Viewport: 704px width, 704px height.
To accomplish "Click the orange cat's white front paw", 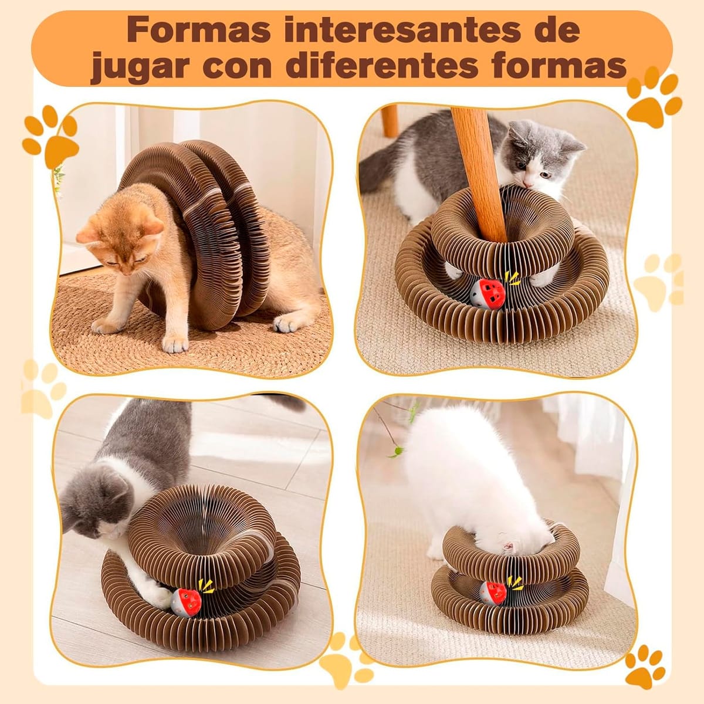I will [174, 343].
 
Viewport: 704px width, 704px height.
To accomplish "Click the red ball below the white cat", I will [493, 593].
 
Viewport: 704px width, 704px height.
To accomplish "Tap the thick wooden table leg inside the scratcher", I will [478, 170].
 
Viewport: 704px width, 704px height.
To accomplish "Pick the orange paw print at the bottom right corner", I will [645, 666].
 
